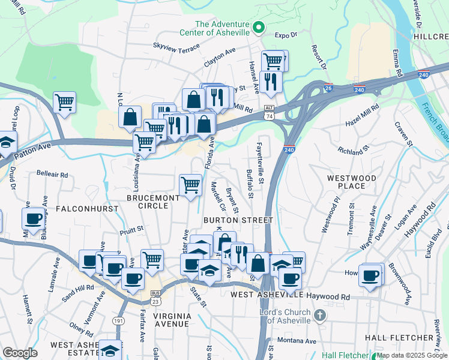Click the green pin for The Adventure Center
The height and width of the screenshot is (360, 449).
259,27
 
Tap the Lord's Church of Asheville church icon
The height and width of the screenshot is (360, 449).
320,315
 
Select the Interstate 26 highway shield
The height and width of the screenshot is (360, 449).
327,88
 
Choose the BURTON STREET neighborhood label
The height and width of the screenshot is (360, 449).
238,220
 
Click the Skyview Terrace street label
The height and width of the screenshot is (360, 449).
175,46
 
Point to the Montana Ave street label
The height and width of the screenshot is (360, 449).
297,341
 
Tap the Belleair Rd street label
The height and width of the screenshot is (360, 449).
52,175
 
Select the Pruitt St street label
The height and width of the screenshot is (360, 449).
131,228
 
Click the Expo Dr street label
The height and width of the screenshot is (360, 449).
288,35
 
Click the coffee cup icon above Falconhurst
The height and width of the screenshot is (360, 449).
34,218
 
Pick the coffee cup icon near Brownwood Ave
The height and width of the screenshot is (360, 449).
370,275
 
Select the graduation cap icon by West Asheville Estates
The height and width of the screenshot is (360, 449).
110,349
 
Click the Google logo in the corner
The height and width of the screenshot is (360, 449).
20,353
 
